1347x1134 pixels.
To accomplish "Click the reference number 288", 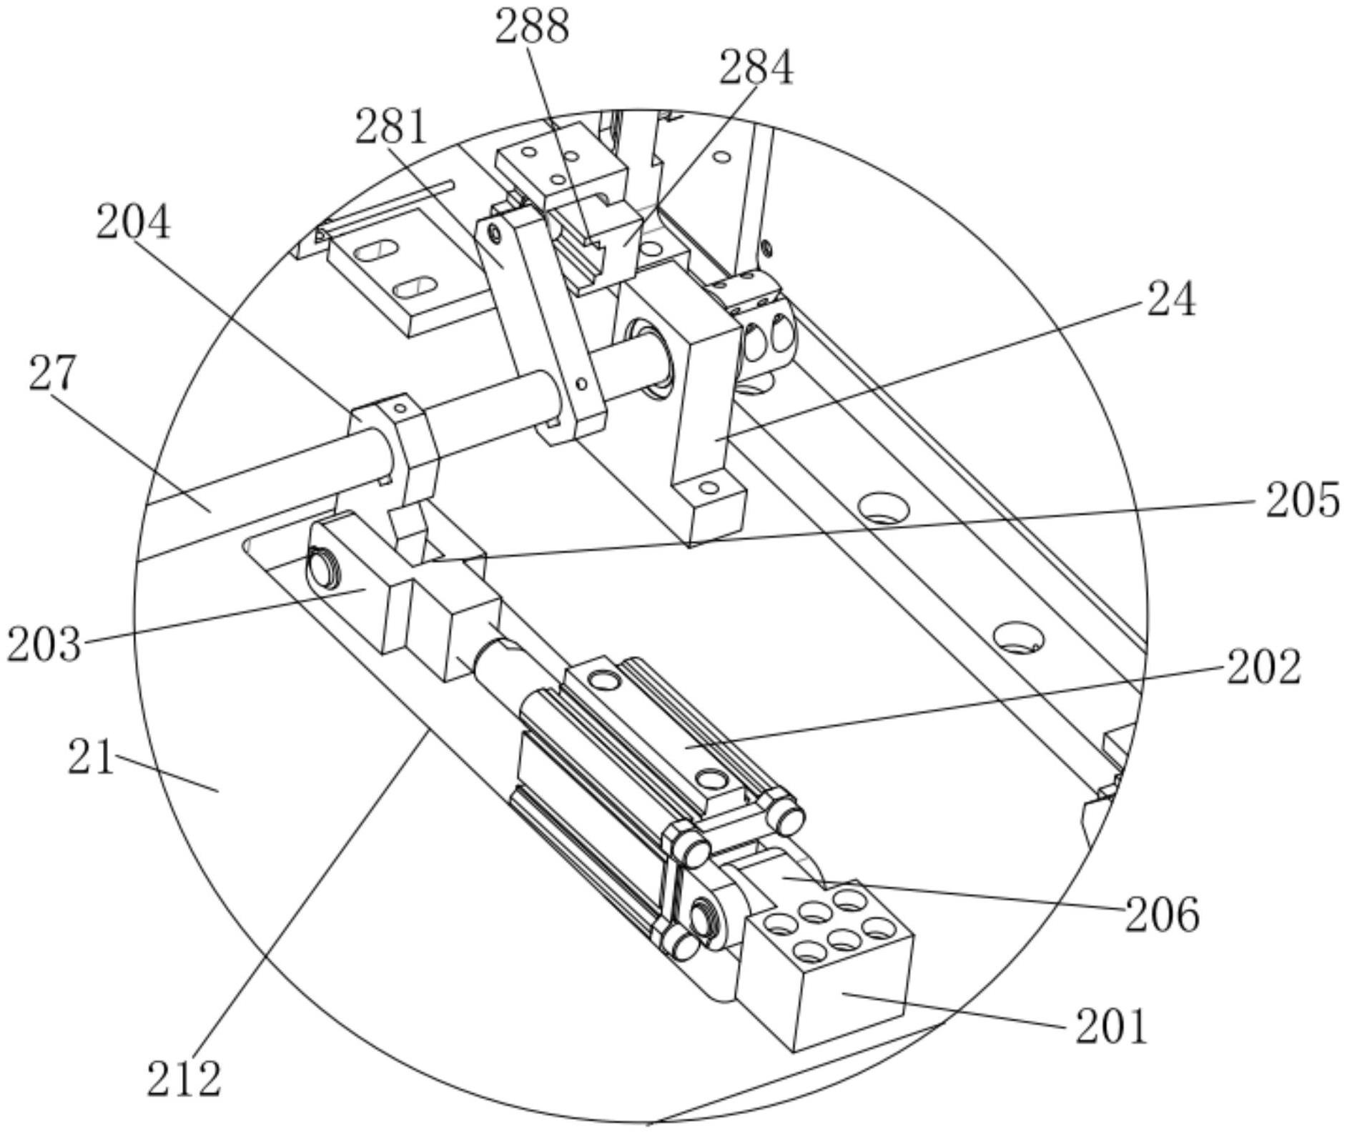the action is click(533, 28).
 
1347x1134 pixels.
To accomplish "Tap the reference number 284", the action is click(756, 69).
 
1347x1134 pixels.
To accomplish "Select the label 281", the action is click(391, 126).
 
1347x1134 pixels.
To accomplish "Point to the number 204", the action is click(134, 222).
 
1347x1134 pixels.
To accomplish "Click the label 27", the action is click(52, 373).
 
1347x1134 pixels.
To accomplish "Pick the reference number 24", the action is click(1171, 299).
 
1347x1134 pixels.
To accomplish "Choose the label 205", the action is click(1303, 499).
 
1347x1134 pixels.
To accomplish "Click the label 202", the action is click(1264, 667).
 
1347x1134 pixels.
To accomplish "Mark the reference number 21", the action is click(91, 757).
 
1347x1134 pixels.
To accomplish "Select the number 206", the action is click(1163, 915).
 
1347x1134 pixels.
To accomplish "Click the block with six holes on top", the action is click(826, 965).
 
